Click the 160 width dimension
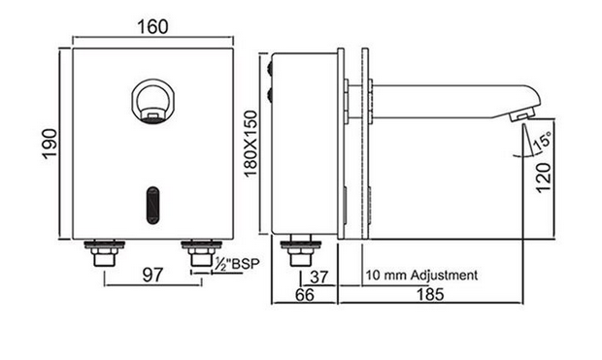[152, 27]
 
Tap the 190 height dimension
[50, 144]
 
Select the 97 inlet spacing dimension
[152, 275]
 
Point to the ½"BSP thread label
[237, 264]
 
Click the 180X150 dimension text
[251, 144]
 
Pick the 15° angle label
[543, 140]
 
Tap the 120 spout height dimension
[544, 178]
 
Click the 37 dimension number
[319, 277]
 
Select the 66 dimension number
[305, 294]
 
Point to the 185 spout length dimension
[430, 294]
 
